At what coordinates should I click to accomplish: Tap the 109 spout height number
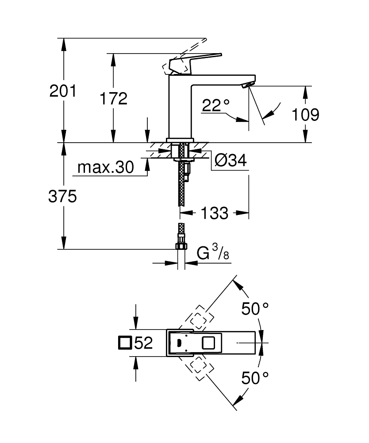305,115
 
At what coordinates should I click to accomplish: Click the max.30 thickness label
105,167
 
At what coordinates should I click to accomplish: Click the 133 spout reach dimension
215,213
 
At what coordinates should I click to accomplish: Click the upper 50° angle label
255,309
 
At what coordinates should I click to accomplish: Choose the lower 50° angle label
255,378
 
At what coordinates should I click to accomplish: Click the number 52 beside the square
143,343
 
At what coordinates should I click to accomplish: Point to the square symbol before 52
125,343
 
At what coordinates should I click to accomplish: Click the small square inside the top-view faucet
208,343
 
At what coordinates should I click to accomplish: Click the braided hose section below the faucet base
181,186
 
